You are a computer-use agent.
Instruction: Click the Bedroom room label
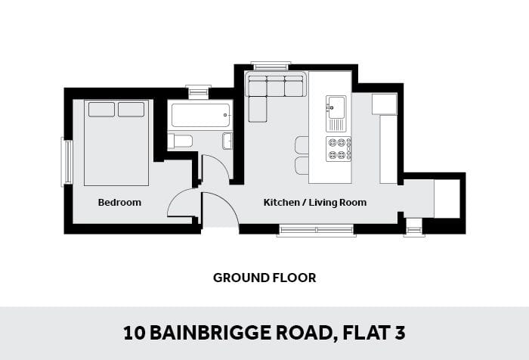[119, 202]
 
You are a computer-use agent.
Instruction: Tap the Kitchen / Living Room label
[315, 202]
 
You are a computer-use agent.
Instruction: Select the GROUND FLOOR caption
[264, 278]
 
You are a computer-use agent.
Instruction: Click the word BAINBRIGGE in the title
[211, 333]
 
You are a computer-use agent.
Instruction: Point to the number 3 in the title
[400, 333]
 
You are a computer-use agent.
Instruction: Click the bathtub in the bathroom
[201, 115]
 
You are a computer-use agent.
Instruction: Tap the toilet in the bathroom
[180, 141]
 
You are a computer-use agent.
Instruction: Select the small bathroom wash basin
[227, 141]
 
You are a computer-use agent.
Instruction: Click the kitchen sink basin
[336, 107]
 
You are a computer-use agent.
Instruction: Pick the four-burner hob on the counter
[339, 148]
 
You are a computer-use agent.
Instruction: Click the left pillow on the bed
[101, 110]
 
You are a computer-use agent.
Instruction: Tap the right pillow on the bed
[131, 110]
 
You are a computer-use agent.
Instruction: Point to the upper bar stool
[302, 144]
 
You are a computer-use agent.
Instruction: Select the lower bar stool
[302, 166]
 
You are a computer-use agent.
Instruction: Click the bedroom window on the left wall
[67, 162]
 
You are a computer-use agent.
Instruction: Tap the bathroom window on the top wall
[198, 91]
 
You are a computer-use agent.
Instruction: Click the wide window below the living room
[317, 231]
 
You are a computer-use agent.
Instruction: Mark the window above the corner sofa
[271, 66]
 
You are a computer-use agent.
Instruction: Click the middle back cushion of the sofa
[276, 86]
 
